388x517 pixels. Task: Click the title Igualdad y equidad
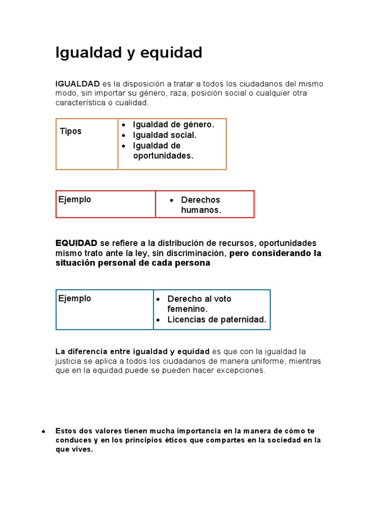click(x=129, y=53)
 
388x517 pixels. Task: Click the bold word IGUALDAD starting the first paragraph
click(x=77, y=83)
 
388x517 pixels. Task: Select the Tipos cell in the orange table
click(x=71, y=131)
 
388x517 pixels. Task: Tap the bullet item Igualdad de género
click(x=173, y=125)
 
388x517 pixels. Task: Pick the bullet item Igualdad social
click(x=165, y=135)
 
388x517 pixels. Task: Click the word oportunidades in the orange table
click(x=163, y=156)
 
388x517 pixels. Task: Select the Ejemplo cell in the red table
click(x=75, y=199)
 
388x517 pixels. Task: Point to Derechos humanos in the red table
click(x=201, y=205)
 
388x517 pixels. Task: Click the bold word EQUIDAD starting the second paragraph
click(x=76, y=243)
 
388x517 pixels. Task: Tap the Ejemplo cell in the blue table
click(x=75, y=298)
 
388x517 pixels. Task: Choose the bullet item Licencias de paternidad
click(x=217, y=320)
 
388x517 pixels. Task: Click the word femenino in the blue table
click(x=187, y=309)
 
